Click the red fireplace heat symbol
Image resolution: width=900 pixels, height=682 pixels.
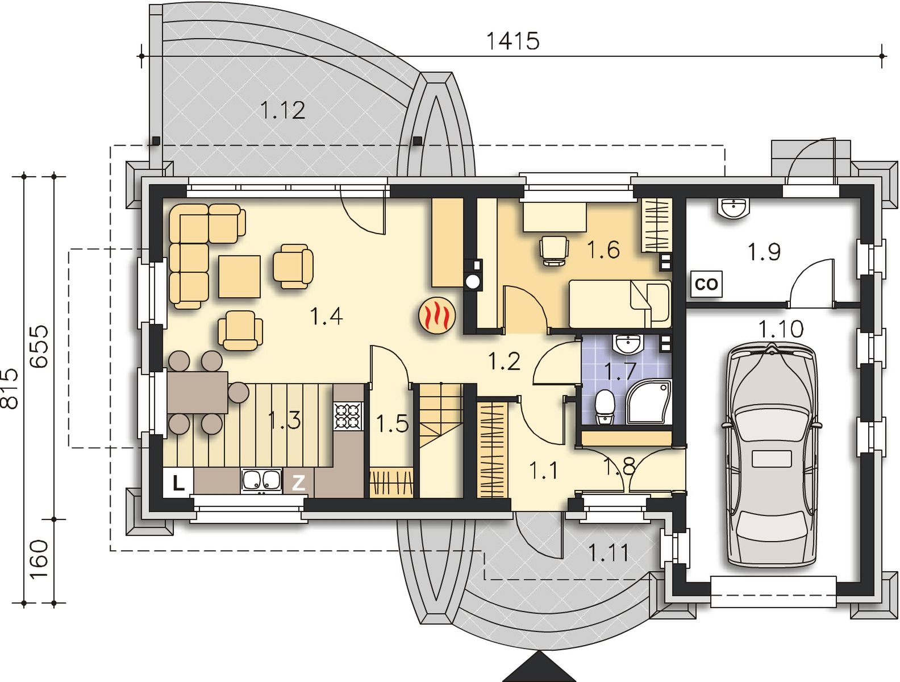(x=437, y=315)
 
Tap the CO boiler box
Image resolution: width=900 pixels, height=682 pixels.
(x=706, y=284)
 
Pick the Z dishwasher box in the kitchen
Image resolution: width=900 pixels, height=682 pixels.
(x=298, y=483)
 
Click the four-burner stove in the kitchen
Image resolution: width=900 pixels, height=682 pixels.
(x=348, y=416)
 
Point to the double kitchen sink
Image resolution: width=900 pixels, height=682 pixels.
(x=261, y=480)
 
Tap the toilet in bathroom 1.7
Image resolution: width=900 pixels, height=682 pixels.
(x=605, y=406)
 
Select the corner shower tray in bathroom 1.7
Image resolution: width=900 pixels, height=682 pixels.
(x=649, y=402)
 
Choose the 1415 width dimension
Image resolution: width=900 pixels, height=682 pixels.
(x=512, y=41)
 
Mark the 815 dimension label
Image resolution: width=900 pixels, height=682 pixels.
(x=10, y=389)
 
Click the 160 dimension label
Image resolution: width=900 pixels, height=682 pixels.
(x=40, y=559)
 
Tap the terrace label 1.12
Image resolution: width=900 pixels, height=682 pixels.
(x=283, y=110)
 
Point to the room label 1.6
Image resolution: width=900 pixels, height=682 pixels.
(x=603, y=249)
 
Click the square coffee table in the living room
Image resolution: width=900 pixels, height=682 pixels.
(x=239, y=276)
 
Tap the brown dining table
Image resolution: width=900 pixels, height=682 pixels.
(x=197, y=392)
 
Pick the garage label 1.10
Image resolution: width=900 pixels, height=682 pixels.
(x=780, y=329)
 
